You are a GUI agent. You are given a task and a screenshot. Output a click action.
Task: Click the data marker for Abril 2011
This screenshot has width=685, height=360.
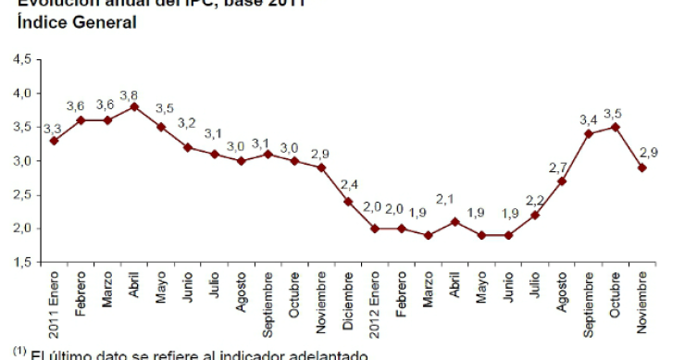tap(134, 106)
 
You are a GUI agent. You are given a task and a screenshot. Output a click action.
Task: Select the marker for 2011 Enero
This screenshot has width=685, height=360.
tap(54, 141)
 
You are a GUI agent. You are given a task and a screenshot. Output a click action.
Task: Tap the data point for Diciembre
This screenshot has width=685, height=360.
tap(348, 201)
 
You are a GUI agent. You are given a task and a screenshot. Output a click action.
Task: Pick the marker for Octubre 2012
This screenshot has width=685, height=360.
tap(616, 127)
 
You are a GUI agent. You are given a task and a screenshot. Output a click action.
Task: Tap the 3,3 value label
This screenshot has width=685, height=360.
tap(52, 128)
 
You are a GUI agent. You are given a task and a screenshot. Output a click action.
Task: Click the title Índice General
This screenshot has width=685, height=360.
tap(73, 21)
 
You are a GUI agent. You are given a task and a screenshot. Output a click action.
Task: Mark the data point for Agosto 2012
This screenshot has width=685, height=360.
tap(562, 180)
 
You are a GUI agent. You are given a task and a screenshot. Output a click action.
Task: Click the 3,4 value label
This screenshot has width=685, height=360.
tap(589, 119)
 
